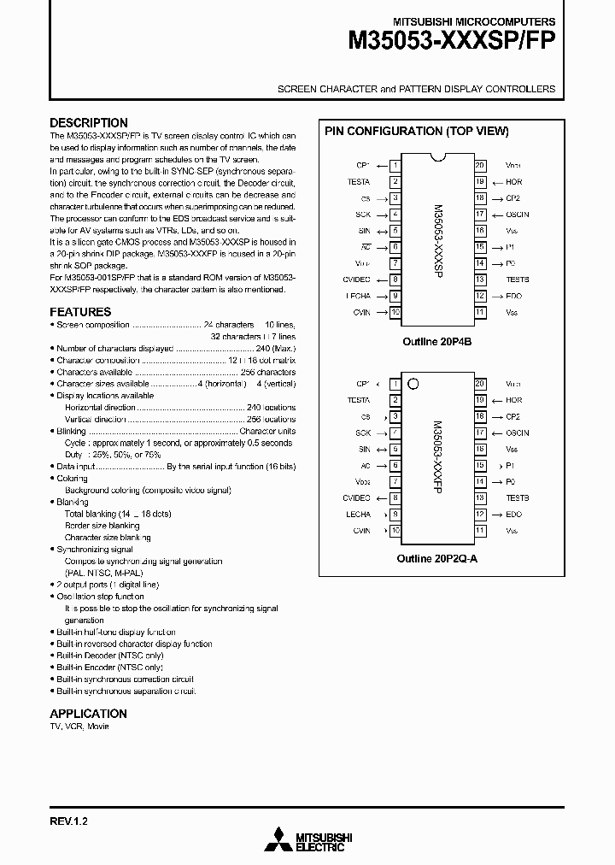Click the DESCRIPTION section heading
tap(89, 122)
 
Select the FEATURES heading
tap(80, 312)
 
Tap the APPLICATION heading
tap(88, 713)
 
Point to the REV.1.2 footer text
tap(69, 821)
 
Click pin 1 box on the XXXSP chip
tap(395, 166)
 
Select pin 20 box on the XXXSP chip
tap(481, 166)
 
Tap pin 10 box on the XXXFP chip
tap(395, 531)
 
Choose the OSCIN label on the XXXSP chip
tap(517, 215)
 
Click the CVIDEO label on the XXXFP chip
tap(356, 498)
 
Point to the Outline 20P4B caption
tap(436, 340)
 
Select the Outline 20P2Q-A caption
tap(437, 558)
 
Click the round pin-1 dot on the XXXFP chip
tap(413, 384)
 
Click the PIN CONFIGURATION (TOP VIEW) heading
tap(416, 132)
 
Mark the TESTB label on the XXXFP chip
tap(517, 498)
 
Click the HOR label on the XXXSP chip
tap(513, 182)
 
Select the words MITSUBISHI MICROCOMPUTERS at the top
tap(473, 21)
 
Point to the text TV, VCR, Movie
tap(79, 727)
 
